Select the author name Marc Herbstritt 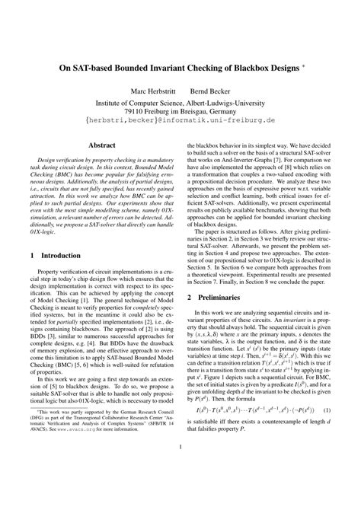click(x=152, y=91)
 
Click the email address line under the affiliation click(x=180, y=120)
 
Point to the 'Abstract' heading click(x=102, y=143)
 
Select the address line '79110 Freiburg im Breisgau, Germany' click(x=180, y=111)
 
